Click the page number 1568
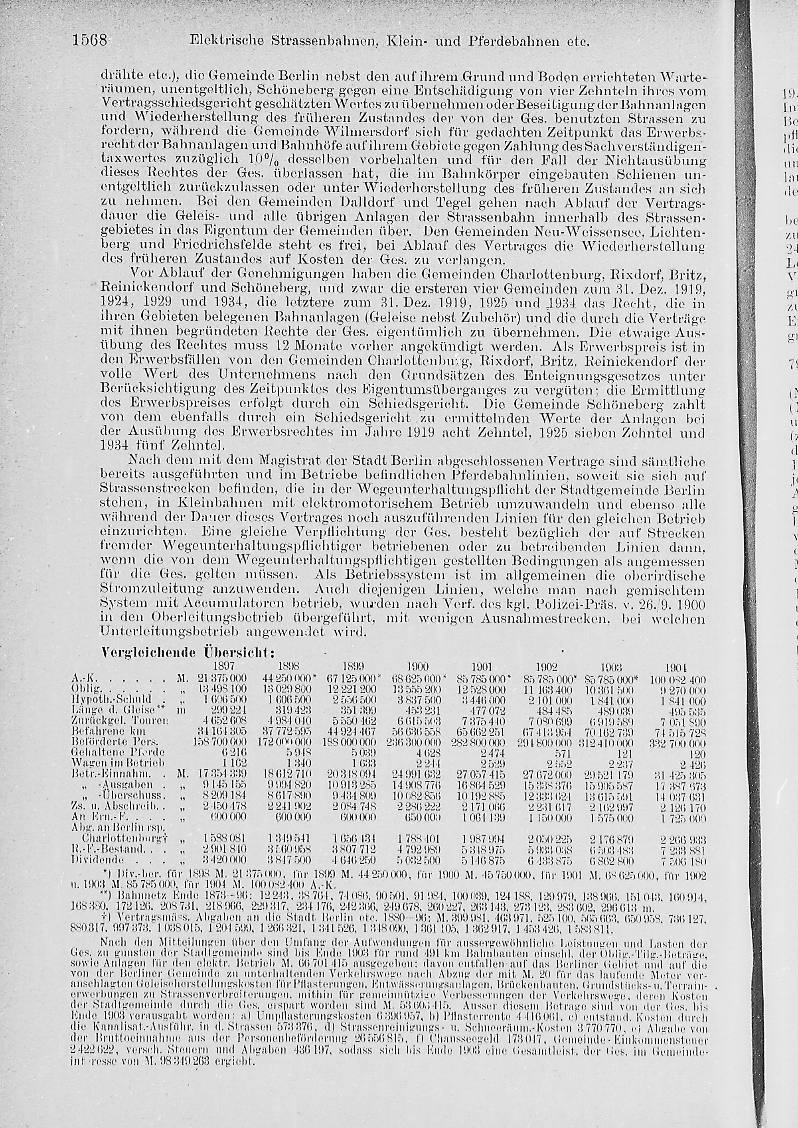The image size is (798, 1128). [92, 40]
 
